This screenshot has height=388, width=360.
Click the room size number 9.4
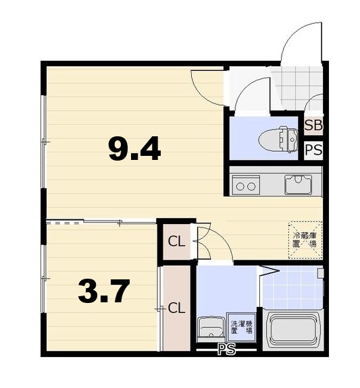134,148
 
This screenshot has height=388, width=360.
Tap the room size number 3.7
104,291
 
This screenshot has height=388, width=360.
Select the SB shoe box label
313,126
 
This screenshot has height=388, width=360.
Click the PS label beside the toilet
313,150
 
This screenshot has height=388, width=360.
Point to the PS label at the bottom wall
226,350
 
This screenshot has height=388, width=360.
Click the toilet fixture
278,139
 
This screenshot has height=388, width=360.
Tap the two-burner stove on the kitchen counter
246,185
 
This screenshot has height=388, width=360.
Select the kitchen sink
298,184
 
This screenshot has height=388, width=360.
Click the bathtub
293,329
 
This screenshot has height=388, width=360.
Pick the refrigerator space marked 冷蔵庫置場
305,240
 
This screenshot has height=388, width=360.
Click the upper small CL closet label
176,242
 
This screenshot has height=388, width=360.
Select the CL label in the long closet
176,308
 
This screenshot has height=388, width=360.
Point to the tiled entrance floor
297,89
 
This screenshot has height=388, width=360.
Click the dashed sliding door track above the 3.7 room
65,223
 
